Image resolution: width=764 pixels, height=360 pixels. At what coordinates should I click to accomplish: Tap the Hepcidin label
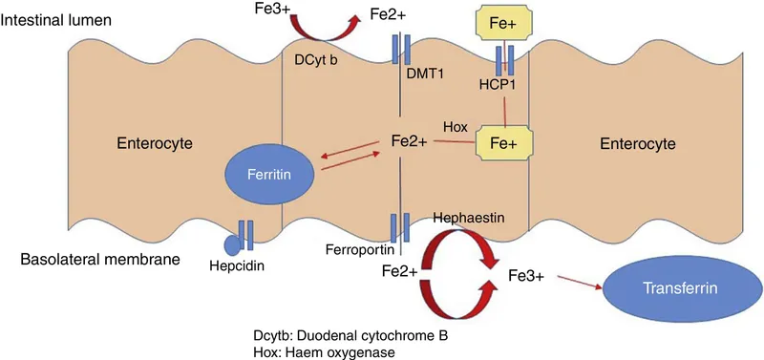(233, 266)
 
